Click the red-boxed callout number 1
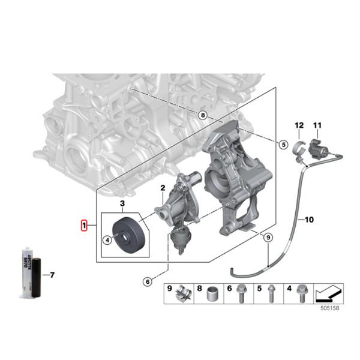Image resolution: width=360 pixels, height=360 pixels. pos(85,226)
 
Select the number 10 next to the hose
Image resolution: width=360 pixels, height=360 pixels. pos(310,220)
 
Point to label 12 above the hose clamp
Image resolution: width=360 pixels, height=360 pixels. pos(298,125)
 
